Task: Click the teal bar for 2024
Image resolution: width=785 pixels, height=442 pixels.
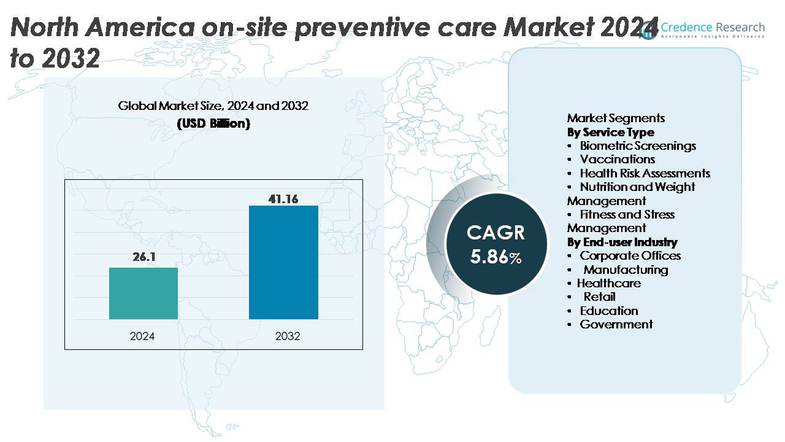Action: click(x=144, y=293)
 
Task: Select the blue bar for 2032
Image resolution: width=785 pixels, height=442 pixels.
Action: click(x=283, y=262)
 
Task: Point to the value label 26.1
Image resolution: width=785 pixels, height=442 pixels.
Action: click(x=144, y=257)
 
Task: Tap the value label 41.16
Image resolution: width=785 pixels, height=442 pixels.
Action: click(x=283, y=199)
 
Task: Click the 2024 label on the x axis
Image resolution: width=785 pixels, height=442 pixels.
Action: click(x=142, y=336)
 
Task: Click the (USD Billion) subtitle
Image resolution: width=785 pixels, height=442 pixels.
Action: click(x=213, y=123)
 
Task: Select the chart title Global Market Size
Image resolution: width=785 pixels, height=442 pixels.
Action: click(x=213, y=106)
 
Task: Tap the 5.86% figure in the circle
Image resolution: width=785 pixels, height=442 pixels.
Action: click(x=496, y=256)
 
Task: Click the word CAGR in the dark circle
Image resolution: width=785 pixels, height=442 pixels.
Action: click(x=496, y=233)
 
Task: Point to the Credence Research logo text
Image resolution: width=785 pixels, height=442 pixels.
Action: click(x=712, y=28)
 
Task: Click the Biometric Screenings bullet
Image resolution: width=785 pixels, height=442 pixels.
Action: click(x=638, y=145)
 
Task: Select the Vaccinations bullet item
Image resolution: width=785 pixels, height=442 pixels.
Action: click(x=617, y=160)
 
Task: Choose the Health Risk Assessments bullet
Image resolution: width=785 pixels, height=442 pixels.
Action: click(x=645, y=173)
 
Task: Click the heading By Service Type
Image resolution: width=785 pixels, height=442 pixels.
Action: click(x=610, y=132)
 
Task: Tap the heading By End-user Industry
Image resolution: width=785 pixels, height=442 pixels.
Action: click(x=622, y=242)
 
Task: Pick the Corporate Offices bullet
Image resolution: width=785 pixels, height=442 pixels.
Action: click(x=630, y=255)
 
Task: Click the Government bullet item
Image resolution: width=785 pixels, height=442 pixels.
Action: click(x=616, y=324)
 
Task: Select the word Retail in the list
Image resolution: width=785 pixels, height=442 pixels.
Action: click(x=599, y=297)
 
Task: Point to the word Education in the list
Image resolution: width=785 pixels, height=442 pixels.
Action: click(x=609, y=311)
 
